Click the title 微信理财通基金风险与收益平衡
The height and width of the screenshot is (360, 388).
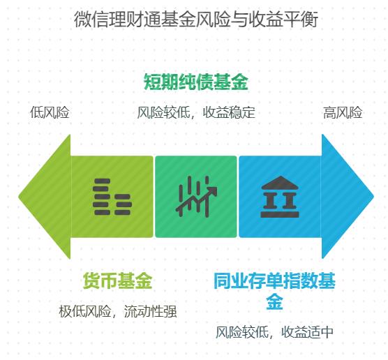(x=195, y=19)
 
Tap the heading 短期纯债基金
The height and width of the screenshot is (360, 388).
(x=195, y=82)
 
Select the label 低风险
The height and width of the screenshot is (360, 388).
(x=50, y=112)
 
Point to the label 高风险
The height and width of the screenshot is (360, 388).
(x=343, y=112)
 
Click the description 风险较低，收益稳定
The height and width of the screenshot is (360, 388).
(x=196, y=112)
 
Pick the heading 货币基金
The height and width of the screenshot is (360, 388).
(x=117, y=281)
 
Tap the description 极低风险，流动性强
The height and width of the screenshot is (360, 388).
(x=117, y=311)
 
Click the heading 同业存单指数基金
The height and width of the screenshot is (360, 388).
(x=274, y=291)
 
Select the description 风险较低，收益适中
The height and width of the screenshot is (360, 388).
(x=274, y=331)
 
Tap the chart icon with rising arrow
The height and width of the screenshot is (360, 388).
(x=195, y=197)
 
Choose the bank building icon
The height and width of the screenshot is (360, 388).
(x=278, y=197)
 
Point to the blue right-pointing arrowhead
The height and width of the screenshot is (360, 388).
(x=345, y=197)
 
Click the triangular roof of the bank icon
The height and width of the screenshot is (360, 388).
(x=278, y=183)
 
